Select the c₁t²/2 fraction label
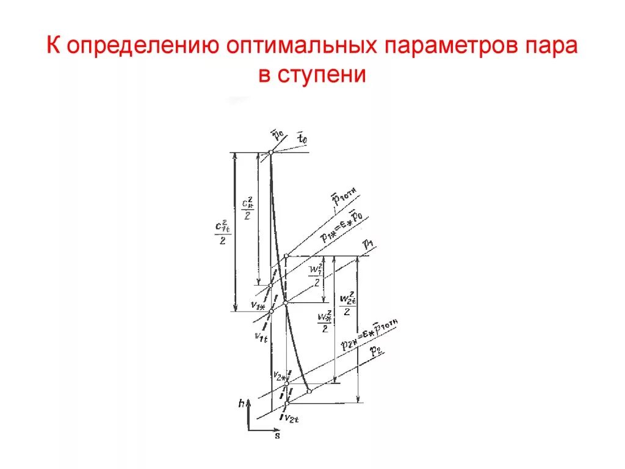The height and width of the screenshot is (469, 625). [x=221, y=230]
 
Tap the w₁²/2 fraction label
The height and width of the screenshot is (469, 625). [x=316, y=275]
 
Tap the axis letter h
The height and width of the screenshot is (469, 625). [x=242, y=404]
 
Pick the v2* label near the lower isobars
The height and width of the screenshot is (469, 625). [x=280, y=374]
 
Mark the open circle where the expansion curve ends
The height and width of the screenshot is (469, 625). [x=309, y=391]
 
